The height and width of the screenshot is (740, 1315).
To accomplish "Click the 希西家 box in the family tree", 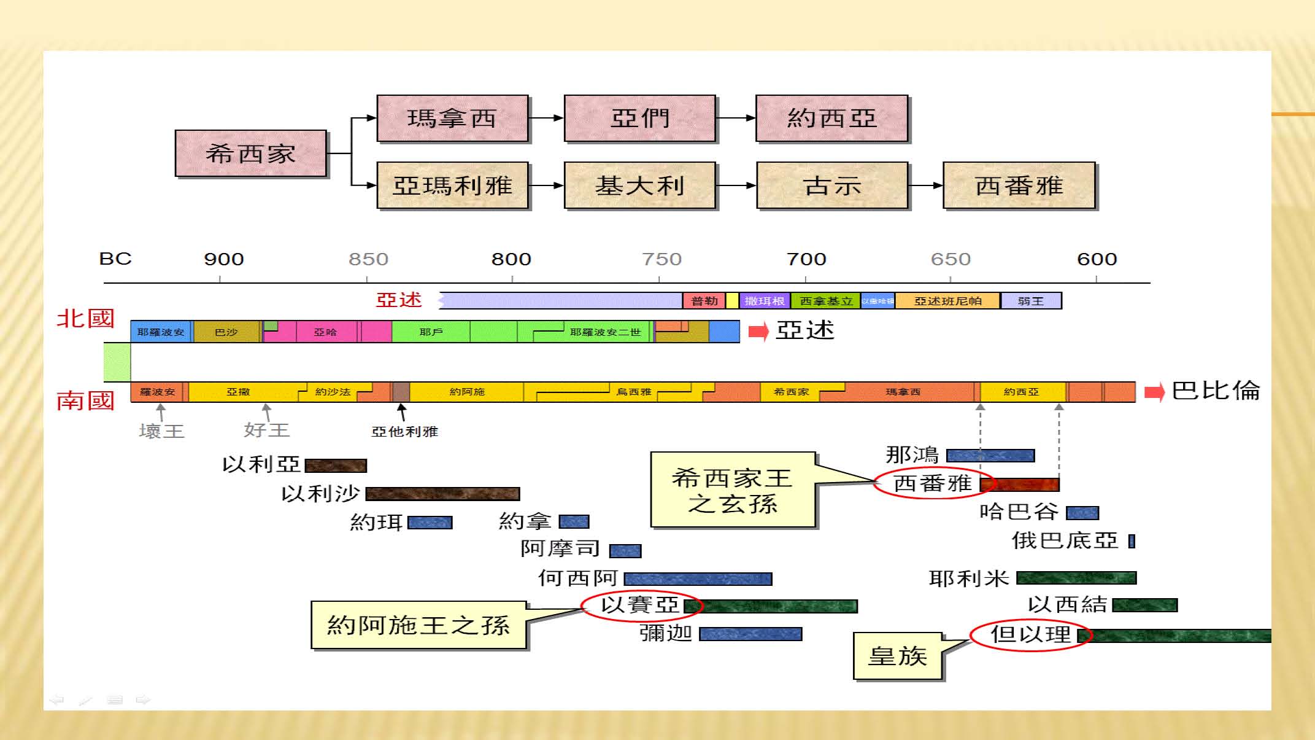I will click(250, 154).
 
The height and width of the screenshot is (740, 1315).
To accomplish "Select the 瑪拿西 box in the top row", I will click(452, 119).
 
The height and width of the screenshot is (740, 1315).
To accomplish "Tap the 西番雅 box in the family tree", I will click(1019, 185).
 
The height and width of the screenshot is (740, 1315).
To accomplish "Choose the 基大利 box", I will click(639, 185).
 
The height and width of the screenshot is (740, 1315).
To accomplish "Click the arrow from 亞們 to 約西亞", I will click(736, 118).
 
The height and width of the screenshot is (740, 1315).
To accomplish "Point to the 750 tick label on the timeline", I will click(661, 259).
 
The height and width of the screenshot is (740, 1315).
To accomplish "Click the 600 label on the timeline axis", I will click(1097, 259).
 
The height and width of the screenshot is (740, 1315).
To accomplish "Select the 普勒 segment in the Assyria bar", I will click(704, 301).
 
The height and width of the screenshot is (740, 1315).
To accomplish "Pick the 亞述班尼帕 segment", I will click(947, 301).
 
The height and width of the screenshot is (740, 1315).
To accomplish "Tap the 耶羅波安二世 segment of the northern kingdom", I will click(604, 332).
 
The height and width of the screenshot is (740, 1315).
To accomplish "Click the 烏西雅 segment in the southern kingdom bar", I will click(633, 392).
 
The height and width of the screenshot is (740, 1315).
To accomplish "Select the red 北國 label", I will click(85, 319).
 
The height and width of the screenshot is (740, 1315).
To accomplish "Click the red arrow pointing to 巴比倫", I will click(1154, 392).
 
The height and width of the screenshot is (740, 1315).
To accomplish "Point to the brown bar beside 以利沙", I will click(442, 494).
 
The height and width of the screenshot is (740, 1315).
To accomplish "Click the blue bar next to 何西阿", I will click(698, 578).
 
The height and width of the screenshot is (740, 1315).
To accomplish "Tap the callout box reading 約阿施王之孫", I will click(418, 625).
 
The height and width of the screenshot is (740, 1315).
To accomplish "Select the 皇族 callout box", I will click(897, 656).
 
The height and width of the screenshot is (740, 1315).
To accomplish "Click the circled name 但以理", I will click(1030, 634).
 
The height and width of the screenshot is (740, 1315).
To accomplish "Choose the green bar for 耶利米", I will click(1076, 578).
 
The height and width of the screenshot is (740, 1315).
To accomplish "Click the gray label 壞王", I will click(161, 431).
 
